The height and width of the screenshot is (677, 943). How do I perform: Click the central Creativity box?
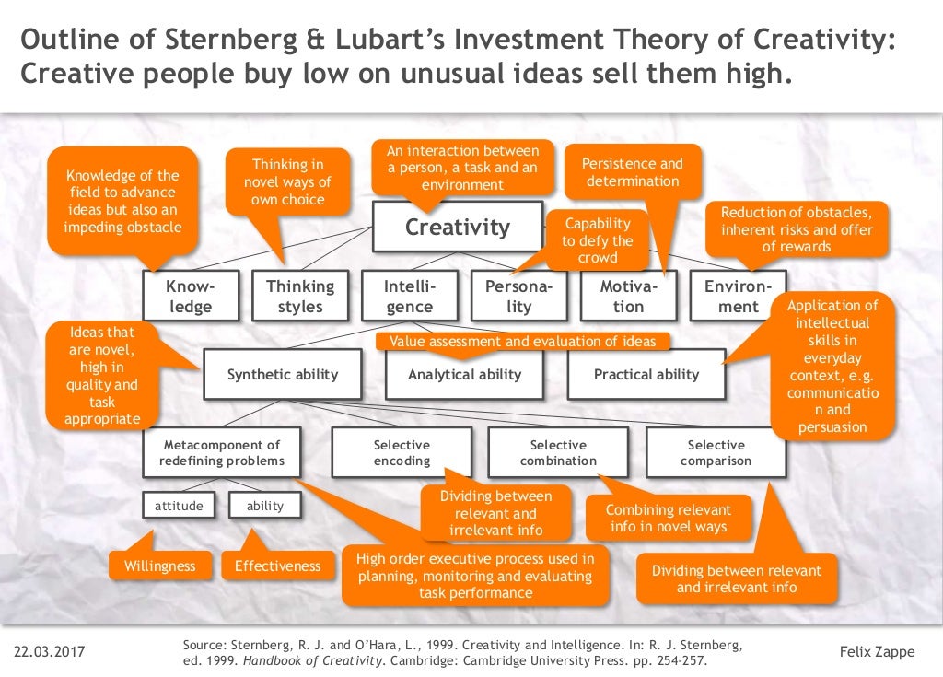click(x=457, y=227)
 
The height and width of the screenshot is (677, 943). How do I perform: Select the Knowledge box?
click(x=191, y=296)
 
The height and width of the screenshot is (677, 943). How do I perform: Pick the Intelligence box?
click(x=409, y=296)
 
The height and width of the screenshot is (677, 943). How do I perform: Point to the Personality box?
click(x=519, y=296)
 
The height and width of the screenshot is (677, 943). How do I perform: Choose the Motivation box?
click(x=629, y=296)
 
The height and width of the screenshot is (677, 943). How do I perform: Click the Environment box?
click(x=738, y=296)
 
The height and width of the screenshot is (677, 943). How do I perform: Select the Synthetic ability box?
click(x=283, y=374)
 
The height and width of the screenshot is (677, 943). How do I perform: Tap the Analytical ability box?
click(x=464, y=374)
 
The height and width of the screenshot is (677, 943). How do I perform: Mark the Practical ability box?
click(x=646, y=374)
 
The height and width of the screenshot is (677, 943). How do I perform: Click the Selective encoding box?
click(x=402, y=452)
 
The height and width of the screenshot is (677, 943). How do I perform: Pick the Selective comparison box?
click(x=716, y=452)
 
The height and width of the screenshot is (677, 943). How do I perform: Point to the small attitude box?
click(x=179, y=506)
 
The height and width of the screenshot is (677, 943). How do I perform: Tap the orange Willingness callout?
click(x=160, y=566)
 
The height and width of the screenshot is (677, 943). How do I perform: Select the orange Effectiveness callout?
click(x=277, y=566)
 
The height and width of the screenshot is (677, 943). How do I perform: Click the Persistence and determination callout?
click(x=633, y=172)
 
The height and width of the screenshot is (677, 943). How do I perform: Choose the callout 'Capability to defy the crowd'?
click(x=598, y=240)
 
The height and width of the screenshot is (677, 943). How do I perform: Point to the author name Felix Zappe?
click(x=878, y=652)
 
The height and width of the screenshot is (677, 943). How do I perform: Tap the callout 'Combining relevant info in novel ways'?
click(x=669, y=518)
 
